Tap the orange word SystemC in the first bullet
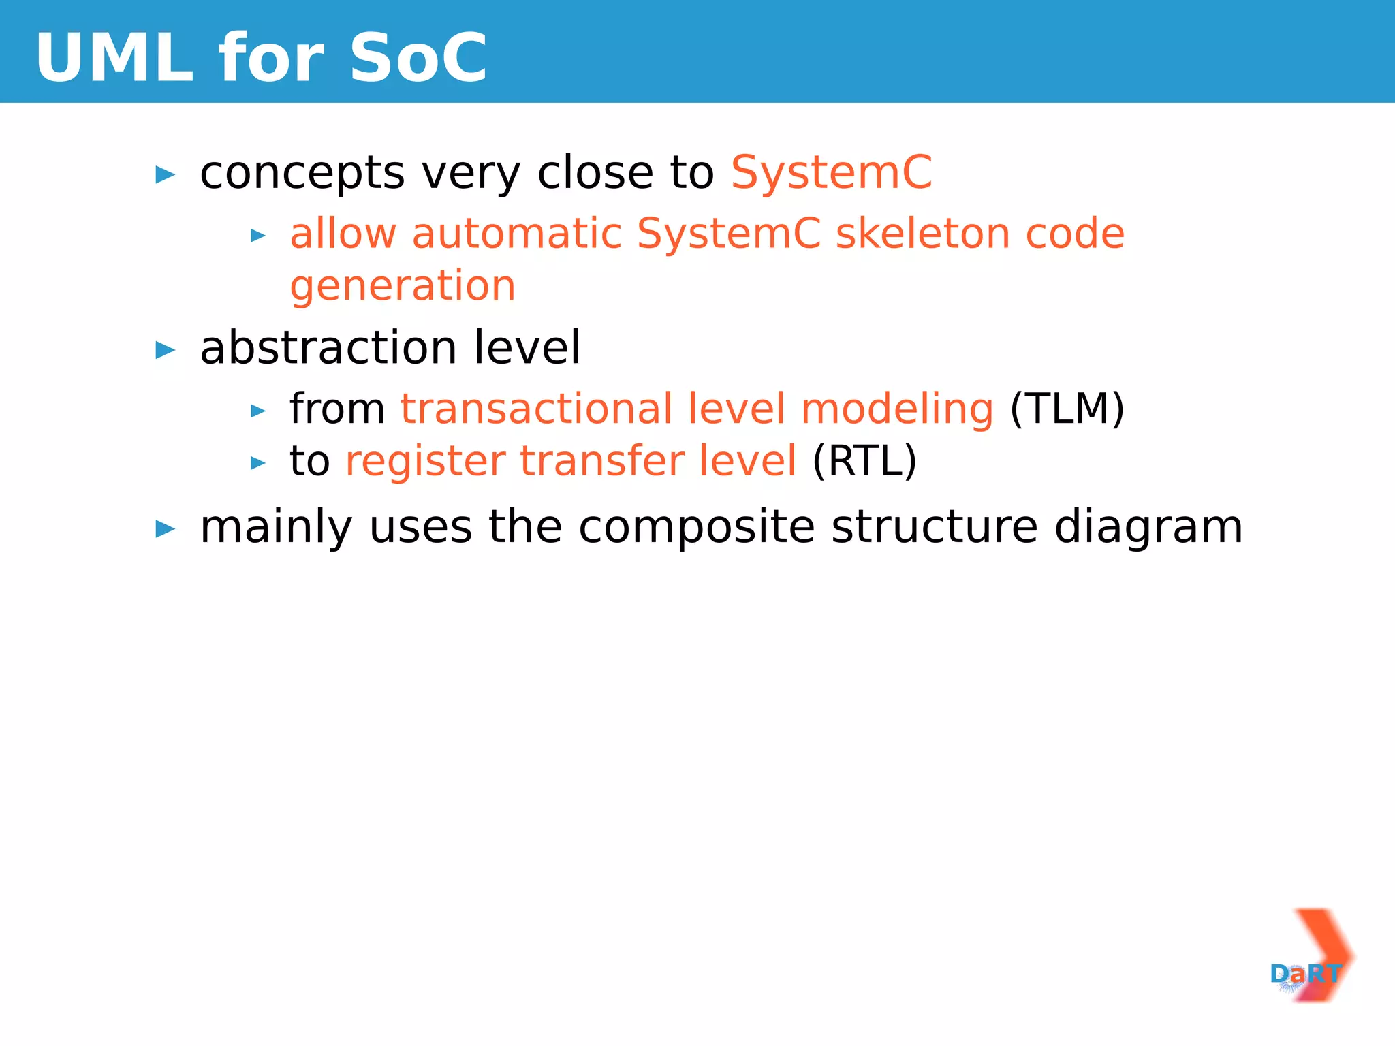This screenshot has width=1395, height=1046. click(x=831, y=172)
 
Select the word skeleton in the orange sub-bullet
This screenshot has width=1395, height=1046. click(x=923, y=234)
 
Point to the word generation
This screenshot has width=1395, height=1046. click(x=403, y=285)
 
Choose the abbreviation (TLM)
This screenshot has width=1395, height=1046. click(x=1067, y=409)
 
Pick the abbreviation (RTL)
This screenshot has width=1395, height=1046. click(x=864, y=461)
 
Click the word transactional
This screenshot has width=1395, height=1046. click(x=537, y=409)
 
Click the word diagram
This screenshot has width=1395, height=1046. click(x=1148, y=527)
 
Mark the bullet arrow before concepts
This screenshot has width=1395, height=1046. click(x=166, y=175)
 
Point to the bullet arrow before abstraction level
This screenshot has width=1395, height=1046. click(x=166, y=351)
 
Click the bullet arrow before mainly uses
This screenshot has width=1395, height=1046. click(x=166, y=529)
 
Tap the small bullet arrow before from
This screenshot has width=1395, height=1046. click(x=258, y=411)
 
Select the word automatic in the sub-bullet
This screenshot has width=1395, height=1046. click(x=516, y=234)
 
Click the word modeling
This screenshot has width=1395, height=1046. click(x=897, y=409)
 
